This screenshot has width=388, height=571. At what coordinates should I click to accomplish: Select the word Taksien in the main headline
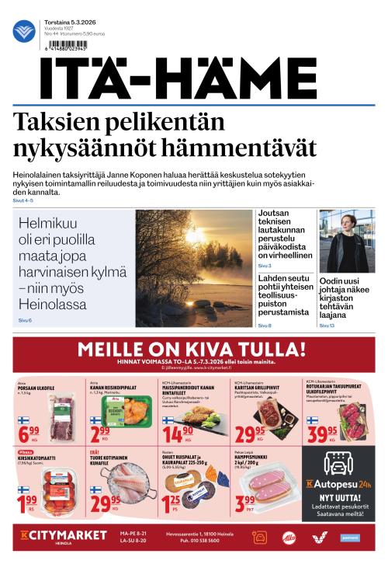pos(51,123)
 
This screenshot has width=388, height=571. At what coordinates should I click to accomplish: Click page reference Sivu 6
pos(25,321)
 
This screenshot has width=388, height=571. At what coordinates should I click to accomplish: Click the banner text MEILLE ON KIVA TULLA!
pos(192,347)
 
